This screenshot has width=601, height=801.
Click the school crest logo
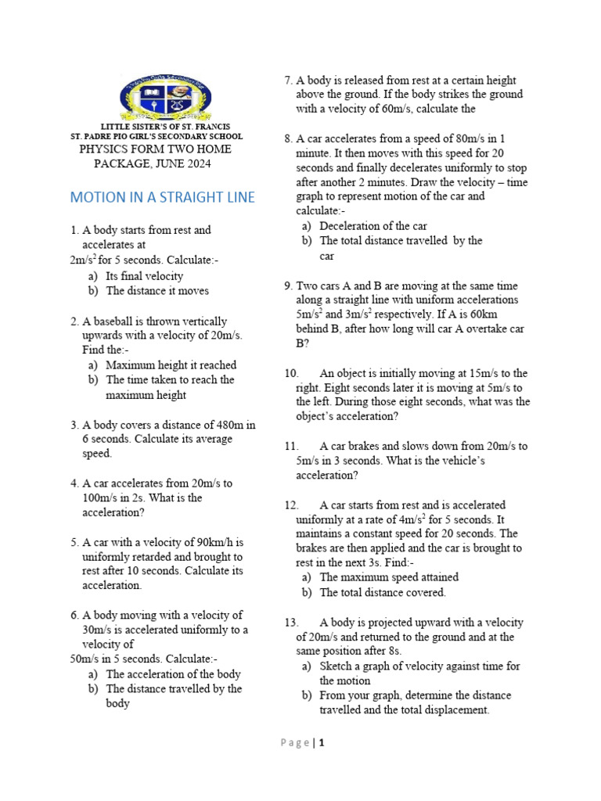tap(164, 97)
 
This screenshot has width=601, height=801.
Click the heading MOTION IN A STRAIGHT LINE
tap(163, 197)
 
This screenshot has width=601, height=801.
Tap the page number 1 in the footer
tap(321, 743)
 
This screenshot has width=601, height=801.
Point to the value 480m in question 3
tap(225, 425)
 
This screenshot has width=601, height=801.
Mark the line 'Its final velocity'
tap(145, 276)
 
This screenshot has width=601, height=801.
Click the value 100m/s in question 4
tap(102, 498)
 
